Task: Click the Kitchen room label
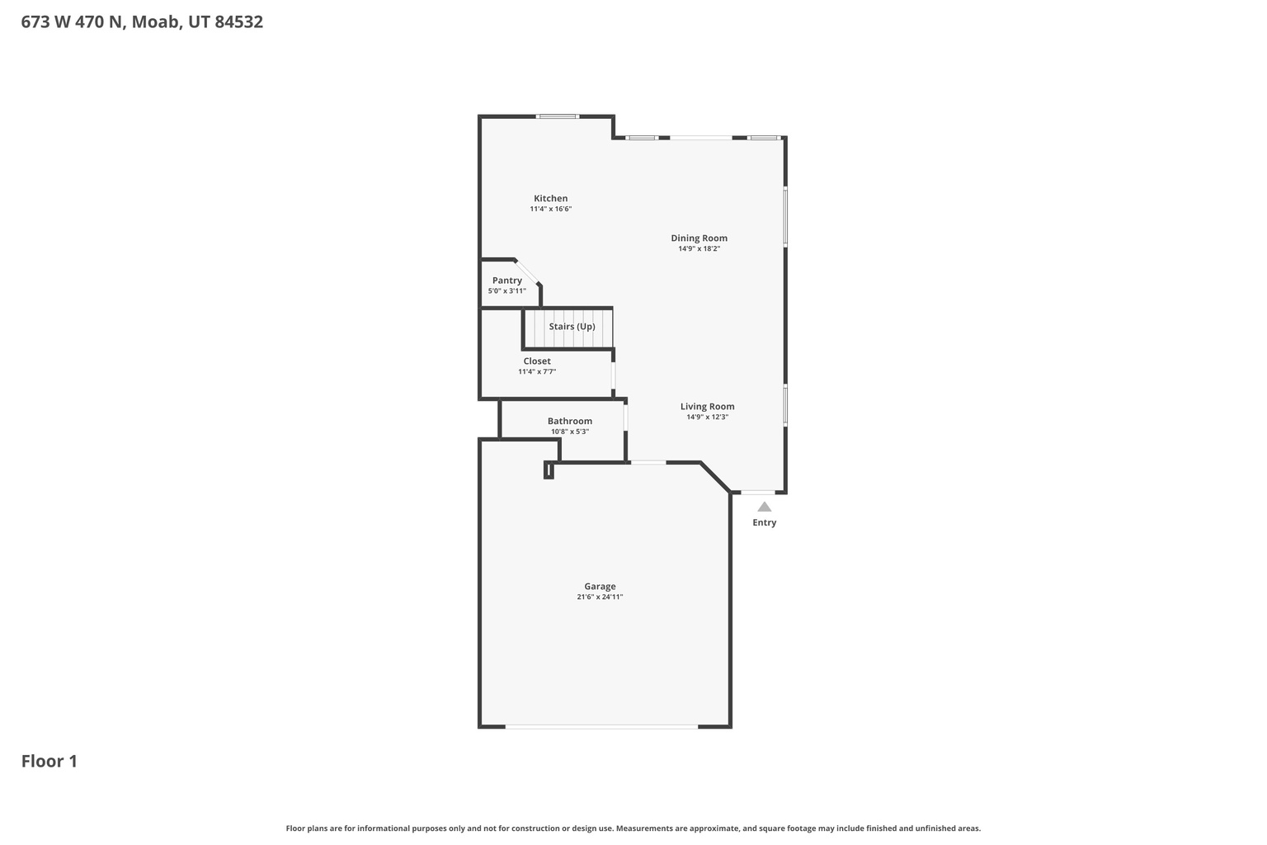550,198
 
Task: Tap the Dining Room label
699,238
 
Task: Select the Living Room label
707,406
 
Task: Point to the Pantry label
506,281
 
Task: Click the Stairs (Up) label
572,327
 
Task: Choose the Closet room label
537,361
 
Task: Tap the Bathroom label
570,421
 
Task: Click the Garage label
600,587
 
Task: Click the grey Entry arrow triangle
765,507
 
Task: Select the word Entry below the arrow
765,523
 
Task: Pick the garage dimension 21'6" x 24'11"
600,597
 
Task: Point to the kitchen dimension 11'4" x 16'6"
550,210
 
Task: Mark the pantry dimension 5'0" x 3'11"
506,291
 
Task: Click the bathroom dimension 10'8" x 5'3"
570,432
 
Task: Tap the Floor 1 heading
49,761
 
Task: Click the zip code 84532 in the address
238,22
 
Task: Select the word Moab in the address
154,22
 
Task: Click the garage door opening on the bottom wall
601,726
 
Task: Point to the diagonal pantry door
527,271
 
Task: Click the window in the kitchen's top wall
558,116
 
